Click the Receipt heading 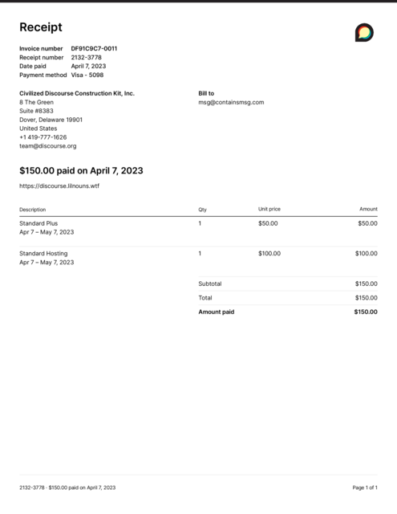pos(40,27)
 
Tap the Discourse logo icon pos(364,32)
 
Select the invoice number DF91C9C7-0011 pos(94,48)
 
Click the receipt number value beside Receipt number pos(87,57)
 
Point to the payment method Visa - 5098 pos(87,75)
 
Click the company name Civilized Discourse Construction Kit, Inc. pos(77,93)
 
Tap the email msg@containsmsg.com pos(231,102)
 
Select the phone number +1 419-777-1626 pos(43,137)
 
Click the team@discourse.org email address pos(47,146)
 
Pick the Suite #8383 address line pos(37,111)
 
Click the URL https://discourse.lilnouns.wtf pos(59,186)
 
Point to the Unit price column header pos(269,209)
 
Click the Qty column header pos(202,209)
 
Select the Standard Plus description pos(38,223)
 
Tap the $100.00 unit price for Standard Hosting pos(269,253)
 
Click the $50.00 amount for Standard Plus pos(367,223)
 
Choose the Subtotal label pos(210,284)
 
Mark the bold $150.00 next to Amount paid pos(365,312)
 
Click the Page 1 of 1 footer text pos(365,487)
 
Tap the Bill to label pos(206,93)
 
